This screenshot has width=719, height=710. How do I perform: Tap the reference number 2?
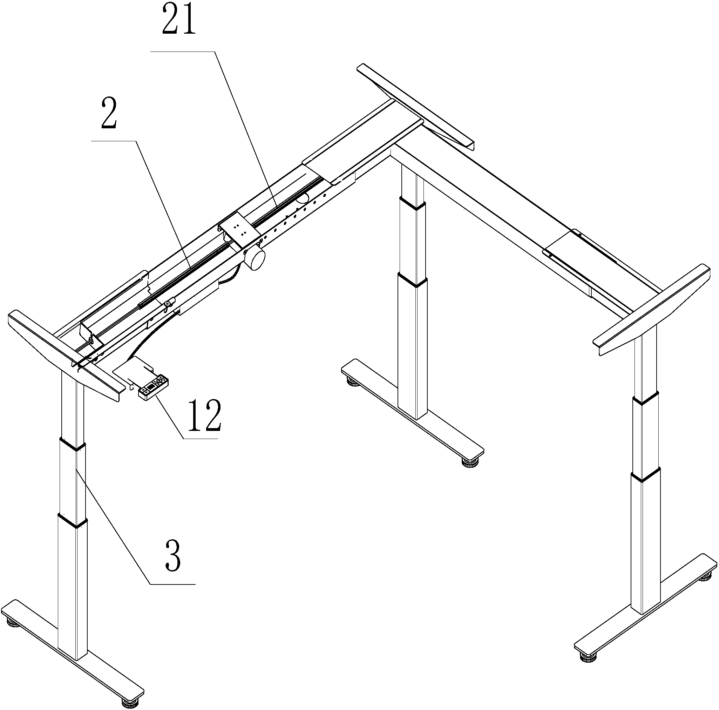[x=109, y=114]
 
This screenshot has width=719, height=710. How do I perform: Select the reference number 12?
[x=205, y=415]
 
